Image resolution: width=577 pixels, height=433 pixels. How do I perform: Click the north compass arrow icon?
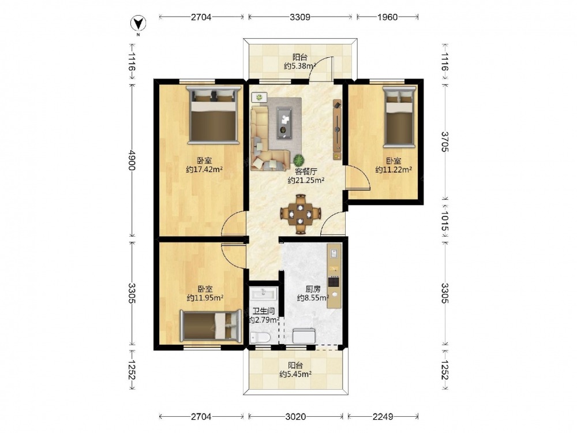138,24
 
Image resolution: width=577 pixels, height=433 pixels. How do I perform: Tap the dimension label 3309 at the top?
300,17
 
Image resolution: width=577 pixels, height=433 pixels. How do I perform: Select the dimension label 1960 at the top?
388,17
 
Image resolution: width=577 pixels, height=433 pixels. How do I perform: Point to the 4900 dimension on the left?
132,159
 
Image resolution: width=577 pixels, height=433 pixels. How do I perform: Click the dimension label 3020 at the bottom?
295,416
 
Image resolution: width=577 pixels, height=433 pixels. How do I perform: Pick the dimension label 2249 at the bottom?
383,416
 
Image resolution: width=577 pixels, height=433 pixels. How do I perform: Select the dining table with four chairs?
301,214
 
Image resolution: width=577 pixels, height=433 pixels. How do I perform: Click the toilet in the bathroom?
260,337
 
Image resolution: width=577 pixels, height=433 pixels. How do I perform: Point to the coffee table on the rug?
284,122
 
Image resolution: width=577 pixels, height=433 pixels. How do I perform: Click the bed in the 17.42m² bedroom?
213,115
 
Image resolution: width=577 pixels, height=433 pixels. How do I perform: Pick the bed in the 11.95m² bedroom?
211,326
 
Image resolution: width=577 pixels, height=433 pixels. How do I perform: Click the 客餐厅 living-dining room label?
306,171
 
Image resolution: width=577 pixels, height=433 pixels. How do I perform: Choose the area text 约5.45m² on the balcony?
295,375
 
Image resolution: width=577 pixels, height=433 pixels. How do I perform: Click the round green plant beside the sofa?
299,160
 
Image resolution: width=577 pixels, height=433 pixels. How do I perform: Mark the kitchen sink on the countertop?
334,253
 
